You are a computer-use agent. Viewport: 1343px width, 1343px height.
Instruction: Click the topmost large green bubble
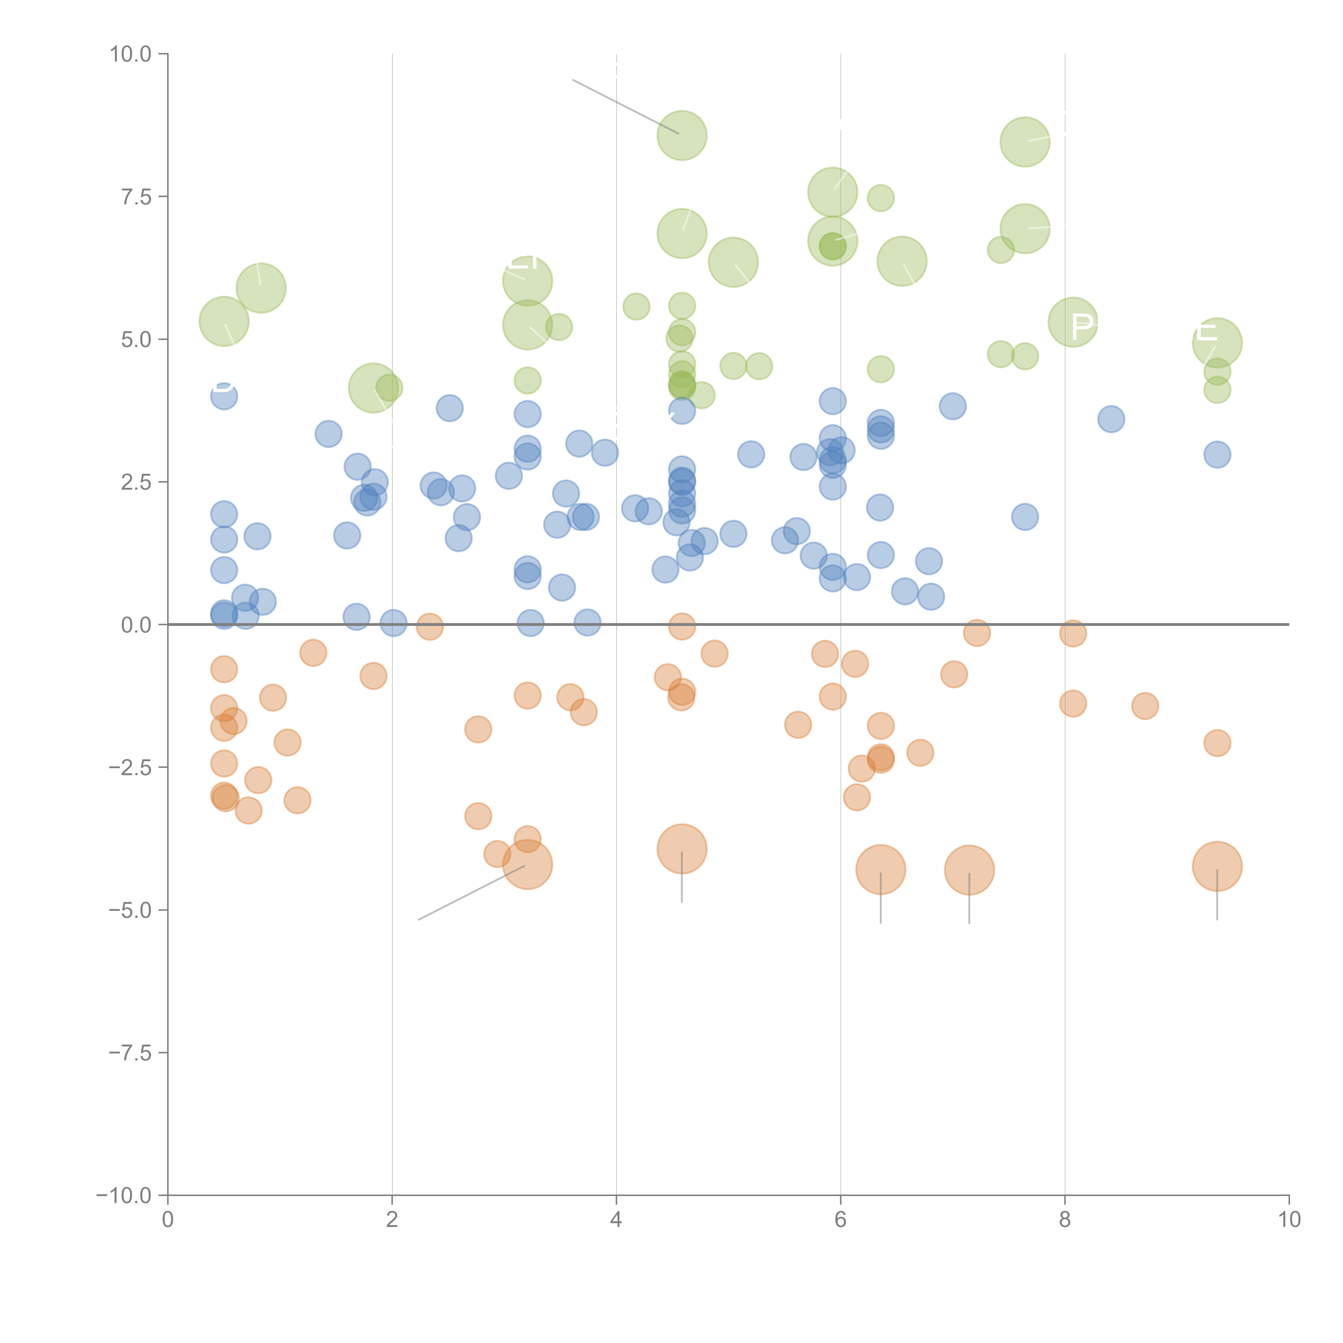coord(682,136)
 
